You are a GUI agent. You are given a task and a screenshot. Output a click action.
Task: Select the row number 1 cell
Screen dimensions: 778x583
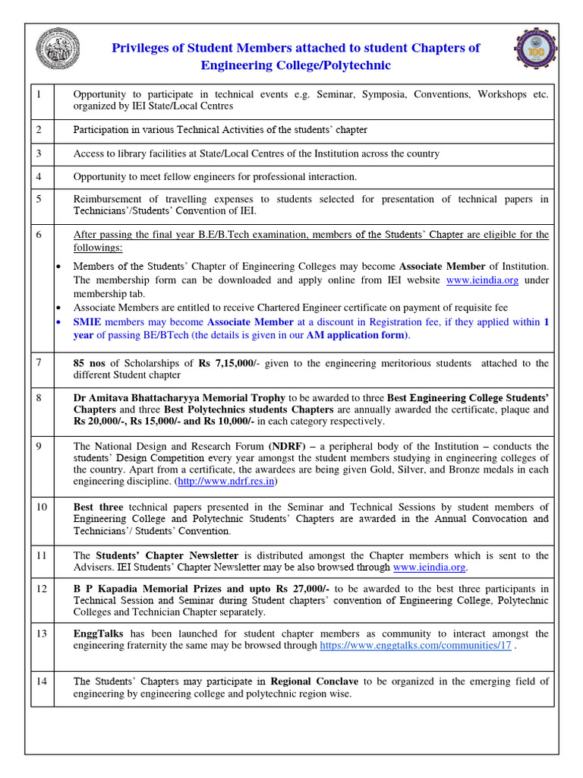[39, 94]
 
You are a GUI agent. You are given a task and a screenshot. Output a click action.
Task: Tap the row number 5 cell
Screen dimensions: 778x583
[39, 199]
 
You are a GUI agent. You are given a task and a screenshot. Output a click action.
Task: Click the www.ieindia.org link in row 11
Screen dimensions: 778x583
[430, 567]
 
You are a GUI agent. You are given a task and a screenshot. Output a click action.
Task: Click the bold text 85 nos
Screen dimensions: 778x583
[90, 363]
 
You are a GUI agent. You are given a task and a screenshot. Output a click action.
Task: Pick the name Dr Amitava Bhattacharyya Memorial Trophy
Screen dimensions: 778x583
[179, 397]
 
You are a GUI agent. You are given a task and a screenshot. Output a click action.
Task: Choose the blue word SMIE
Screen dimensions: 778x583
[88, 322]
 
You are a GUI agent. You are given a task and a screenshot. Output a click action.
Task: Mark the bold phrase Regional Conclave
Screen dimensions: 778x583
[314, 682]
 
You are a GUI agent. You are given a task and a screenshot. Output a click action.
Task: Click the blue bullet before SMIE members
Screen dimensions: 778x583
[60, 322]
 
